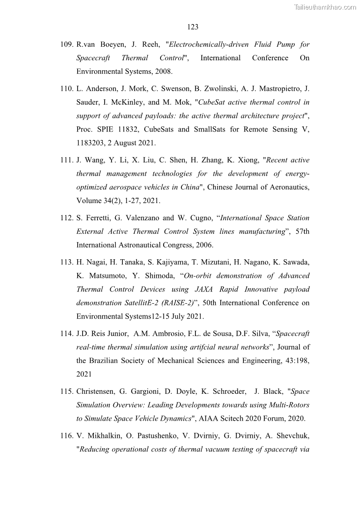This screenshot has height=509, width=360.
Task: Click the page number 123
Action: pyautogui.click(x=193, y=27)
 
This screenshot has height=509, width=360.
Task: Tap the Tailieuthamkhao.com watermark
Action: pyautogui.click(x=325, y=7)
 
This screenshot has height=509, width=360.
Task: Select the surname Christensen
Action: pyautogui.click(x=97, y=392)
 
